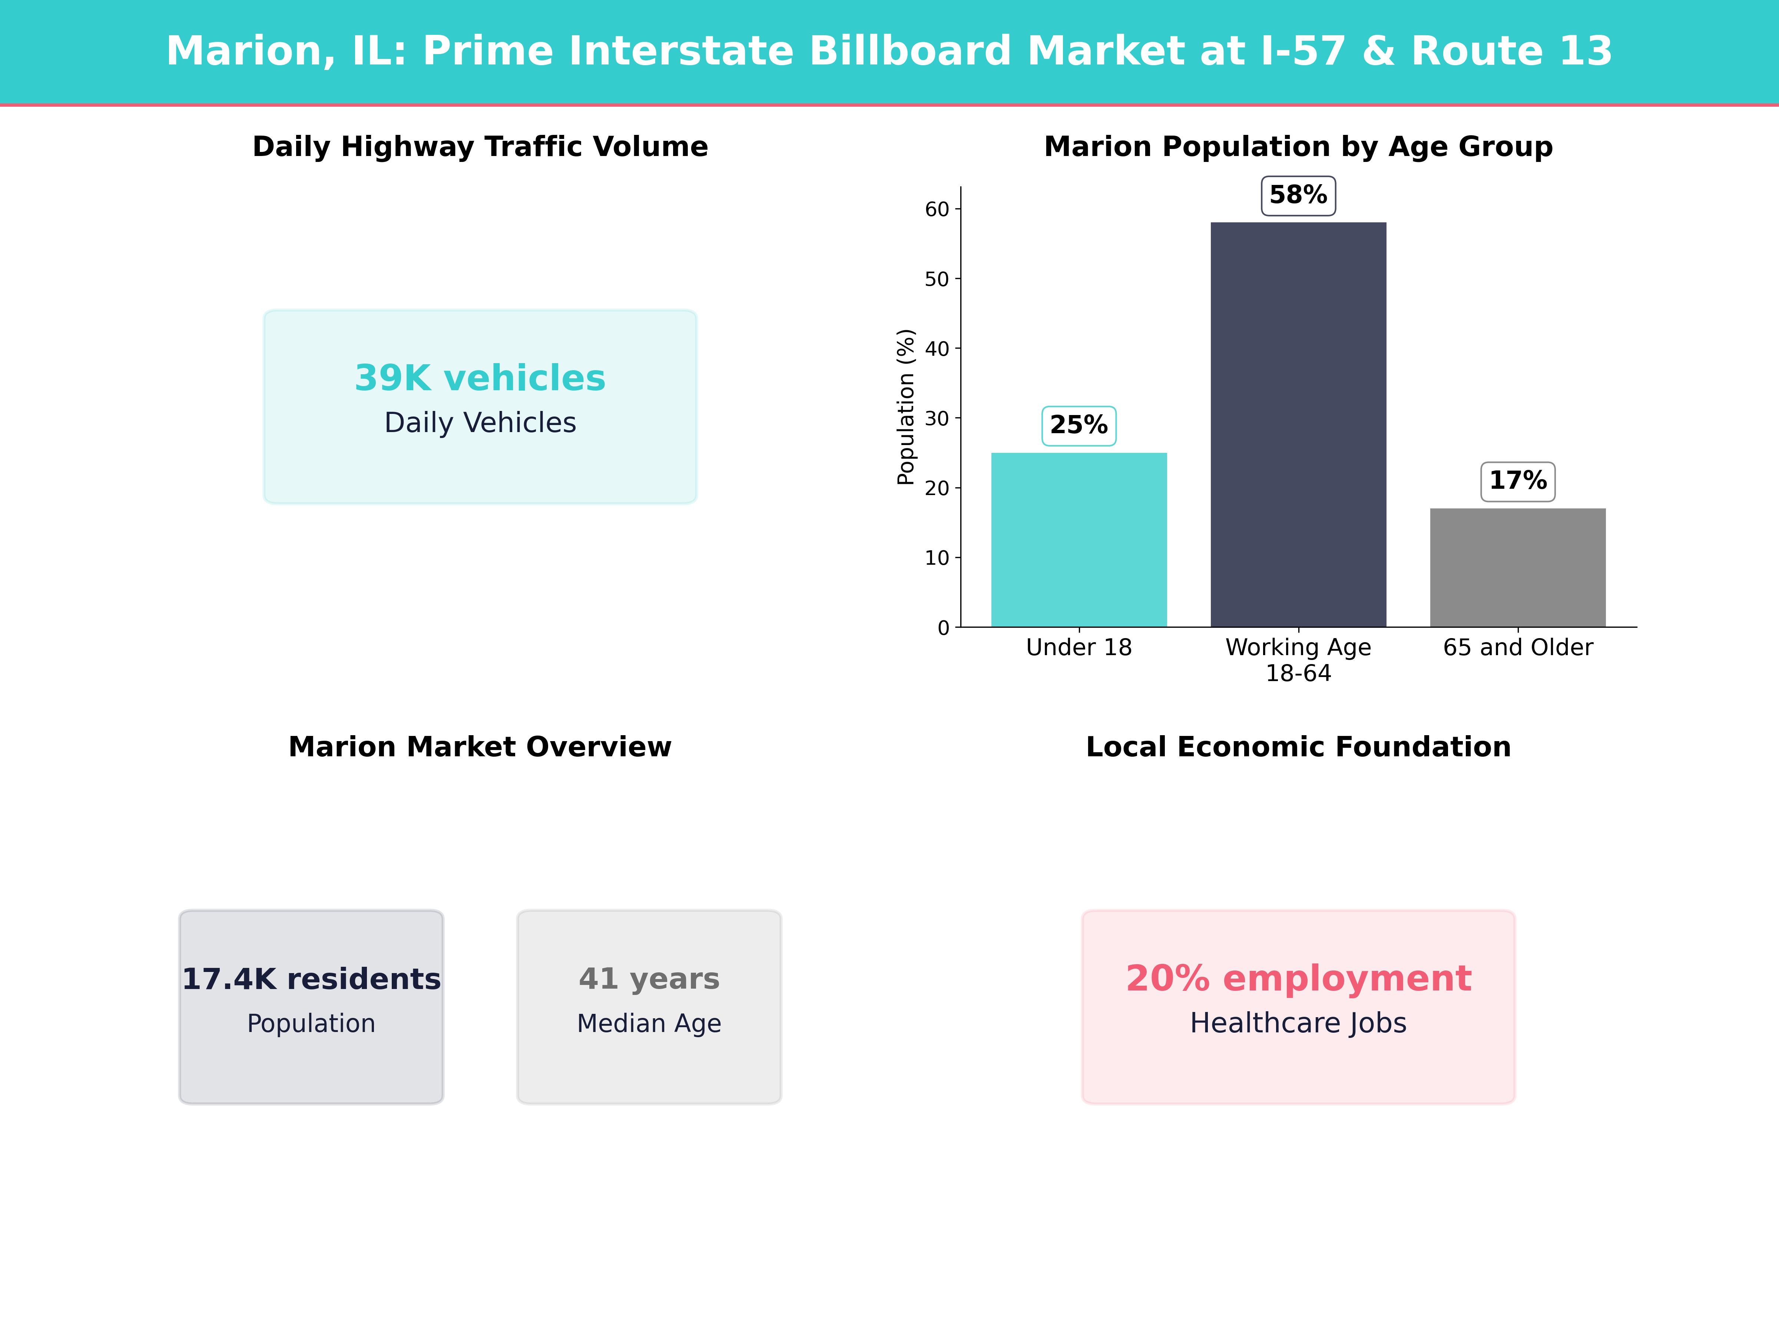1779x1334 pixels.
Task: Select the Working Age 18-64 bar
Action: [1298, 425]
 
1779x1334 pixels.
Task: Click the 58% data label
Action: [1298, 195]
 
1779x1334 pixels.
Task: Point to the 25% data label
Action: [1079, 425]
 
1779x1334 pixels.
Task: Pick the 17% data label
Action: [1518, 481]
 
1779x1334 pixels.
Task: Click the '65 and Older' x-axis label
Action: [1518, 647]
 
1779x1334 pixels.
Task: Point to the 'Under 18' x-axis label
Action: [1079, 647]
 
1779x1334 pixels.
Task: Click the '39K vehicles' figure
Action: [480, 378]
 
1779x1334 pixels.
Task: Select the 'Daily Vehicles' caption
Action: [480, 423]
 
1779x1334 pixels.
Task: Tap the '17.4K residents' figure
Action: [311, 979]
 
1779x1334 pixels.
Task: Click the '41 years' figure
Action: [649, 979]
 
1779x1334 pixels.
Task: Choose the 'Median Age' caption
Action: [649, 1023]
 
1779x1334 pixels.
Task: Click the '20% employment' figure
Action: [1298, 979]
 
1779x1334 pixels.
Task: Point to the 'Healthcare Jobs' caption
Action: [1298, 1023]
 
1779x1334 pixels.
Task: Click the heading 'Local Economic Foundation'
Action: [1298, 747]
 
